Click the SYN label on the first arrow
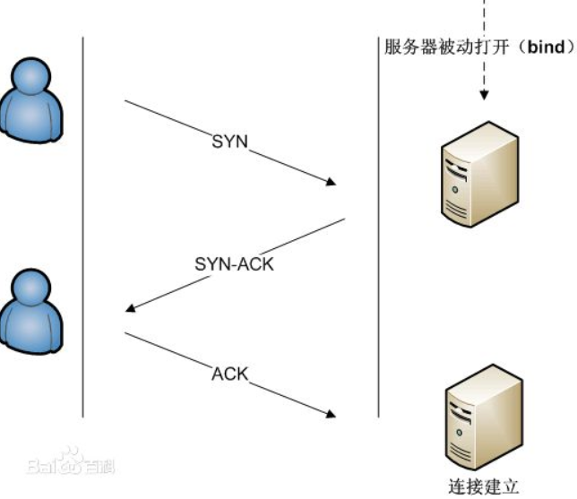coord(229,142)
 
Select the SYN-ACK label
coord(234,264)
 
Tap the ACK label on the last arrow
coord(230,374)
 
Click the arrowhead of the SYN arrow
coord(332,182)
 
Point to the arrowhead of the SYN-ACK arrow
coord(131,307)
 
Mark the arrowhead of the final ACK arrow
coord(332,414)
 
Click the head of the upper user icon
coord(30,76)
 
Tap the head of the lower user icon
coord(30,288)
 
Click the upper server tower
coord(480,174)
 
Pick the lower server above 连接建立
coord(484,417)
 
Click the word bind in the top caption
coord(547,47)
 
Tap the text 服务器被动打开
coord(447,47)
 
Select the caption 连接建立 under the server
coord(484,486)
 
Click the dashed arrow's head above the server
coord(484,95)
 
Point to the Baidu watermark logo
coord(71,461)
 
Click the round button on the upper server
coord(455,190)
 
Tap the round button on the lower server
coord(460,433)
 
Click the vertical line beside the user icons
coord(82,227)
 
